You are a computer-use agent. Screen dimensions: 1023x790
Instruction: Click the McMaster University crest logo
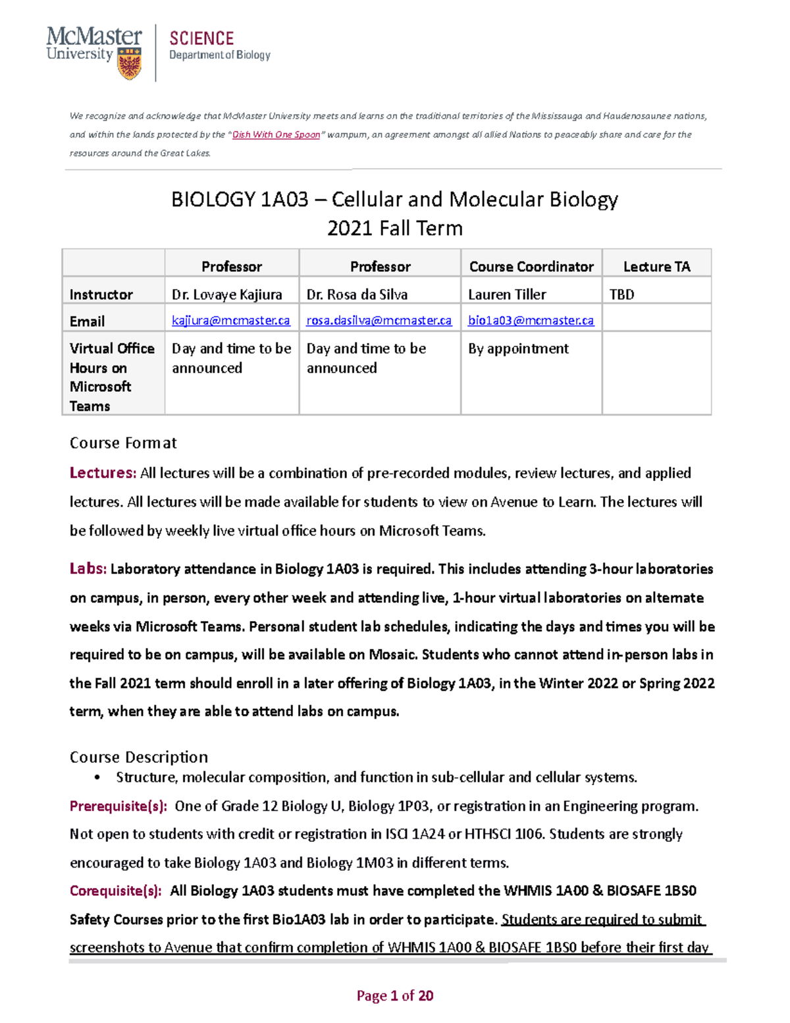[129, 64]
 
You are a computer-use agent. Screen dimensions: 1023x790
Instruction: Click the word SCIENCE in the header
[201, 38]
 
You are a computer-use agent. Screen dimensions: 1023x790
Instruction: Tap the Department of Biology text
[219, 55]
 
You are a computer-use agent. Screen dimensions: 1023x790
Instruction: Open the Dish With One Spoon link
[276, 134]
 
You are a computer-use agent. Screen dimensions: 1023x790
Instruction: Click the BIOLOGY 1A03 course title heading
[394, 199]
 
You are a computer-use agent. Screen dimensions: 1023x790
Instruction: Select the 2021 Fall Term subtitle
[394, 229]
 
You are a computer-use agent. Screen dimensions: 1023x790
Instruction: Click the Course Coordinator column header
[531, 267]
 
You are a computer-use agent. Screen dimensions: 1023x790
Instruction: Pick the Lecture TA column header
[656, 267]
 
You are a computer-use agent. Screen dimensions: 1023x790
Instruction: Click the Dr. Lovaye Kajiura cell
[226, 294]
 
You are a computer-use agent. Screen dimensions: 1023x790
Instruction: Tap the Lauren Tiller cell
[507, 294]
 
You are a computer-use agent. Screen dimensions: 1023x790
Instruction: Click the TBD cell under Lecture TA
[621, 294]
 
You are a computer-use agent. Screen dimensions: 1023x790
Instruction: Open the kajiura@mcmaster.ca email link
[230, 321]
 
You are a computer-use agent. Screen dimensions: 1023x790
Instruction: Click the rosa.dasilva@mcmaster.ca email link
[379, 321]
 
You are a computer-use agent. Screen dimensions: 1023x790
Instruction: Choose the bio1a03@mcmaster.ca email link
[531, 321]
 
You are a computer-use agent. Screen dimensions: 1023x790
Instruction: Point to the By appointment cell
[518, 348]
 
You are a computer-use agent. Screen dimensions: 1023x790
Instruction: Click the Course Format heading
[123, 443]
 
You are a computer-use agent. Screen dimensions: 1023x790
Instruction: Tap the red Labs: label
[88, 568]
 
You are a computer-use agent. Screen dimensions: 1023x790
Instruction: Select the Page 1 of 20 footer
[394, 995]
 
